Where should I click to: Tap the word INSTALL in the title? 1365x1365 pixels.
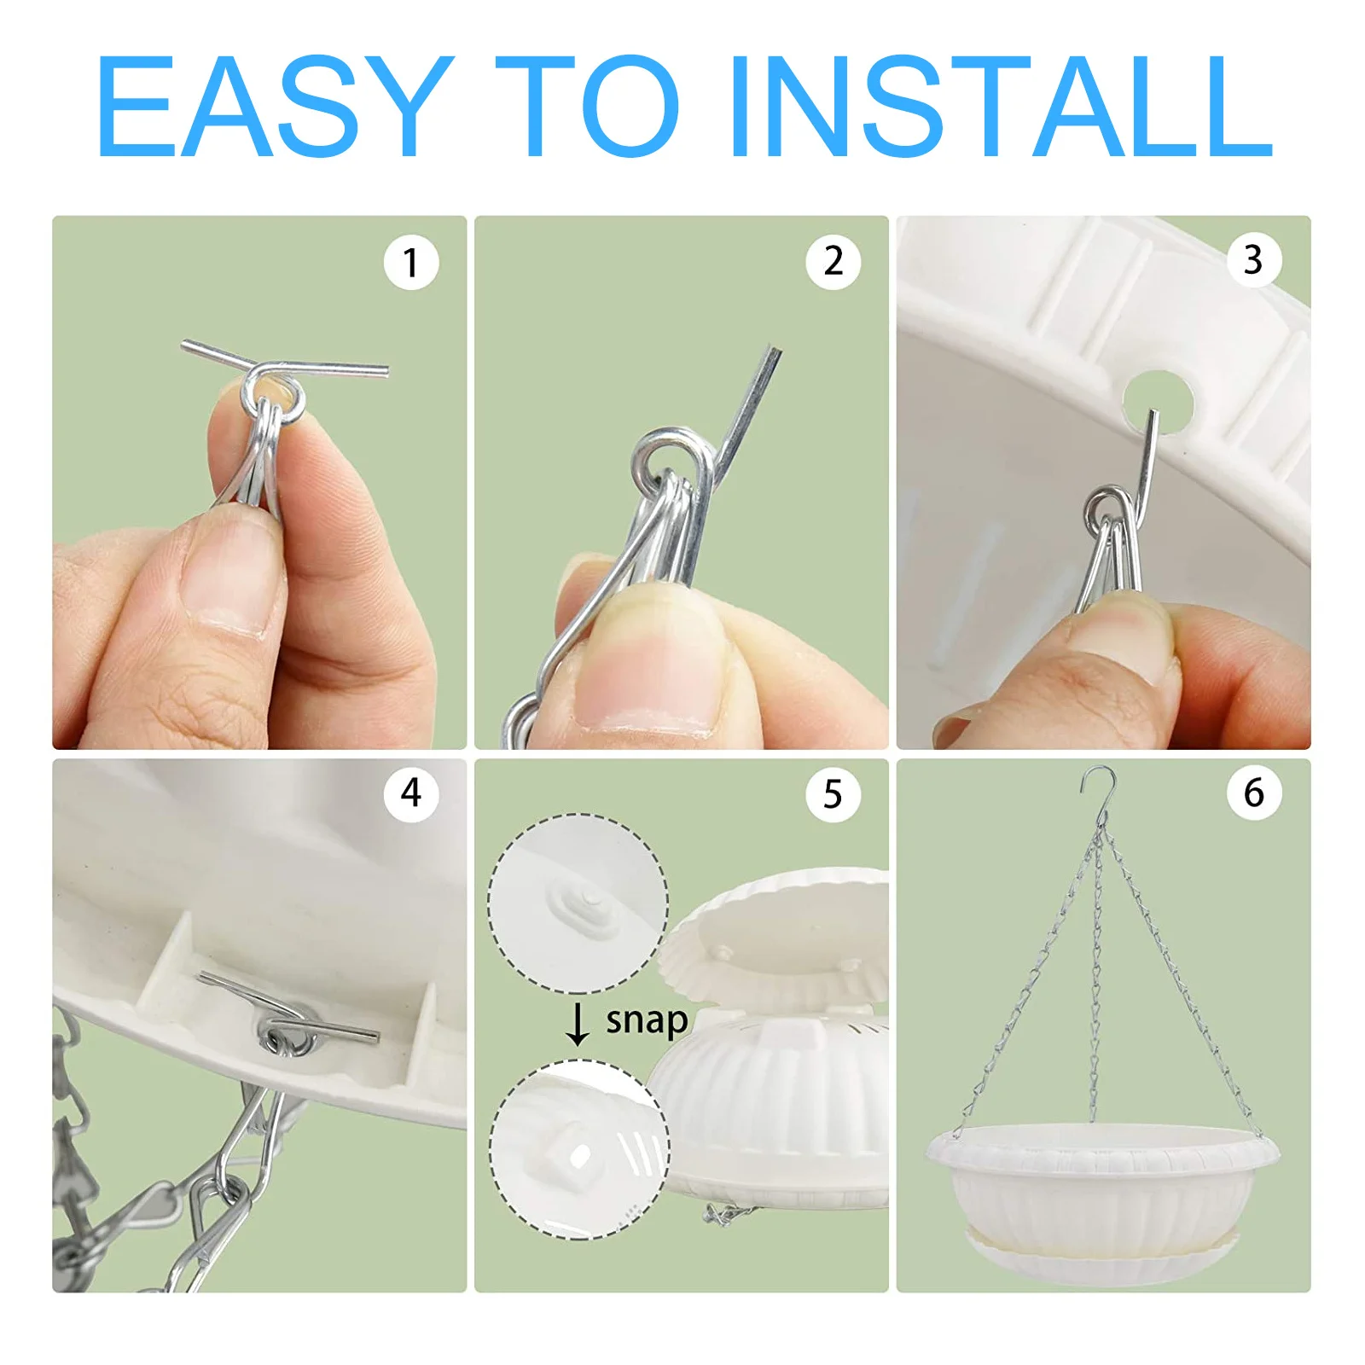coord(1001,107)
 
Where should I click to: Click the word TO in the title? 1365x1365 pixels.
coord(587,107)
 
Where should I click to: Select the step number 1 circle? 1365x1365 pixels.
coord(411,262)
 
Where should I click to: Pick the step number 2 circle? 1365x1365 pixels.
coord(833,261)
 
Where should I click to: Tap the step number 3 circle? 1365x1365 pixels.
coord(1254,259)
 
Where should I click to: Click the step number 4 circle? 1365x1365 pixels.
coord(411,793)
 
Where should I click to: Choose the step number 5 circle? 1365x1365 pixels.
coord(833,794)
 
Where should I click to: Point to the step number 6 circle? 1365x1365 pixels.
coord(1254,793)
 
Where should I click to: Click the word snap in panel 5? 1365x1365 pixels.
coord(647,1021)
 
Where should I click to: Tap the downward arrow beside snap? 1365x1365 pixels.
coord(578,1025)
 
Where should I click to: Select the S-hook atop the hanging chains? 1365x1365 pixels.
coord(1099,789)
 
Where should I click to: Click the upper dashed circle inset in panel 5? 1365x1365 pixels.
coord(578,903)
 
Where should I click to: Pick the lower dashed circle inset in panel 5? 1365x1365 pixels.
coord(579,1148)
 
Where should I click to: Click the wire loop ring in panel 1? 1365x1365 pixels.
coord(272,395)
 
